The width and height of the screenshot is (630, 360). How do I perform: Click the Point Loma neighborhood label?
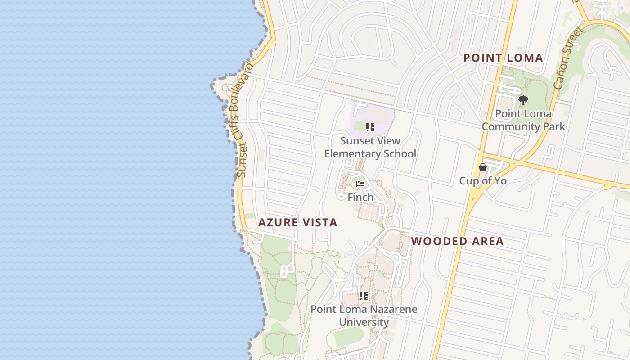(x=503, y=58)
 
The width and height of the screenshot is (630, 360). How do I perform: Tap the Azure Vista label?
(x=297, y=222)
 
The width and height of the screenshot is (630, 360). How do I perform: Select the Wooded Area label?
(x=457, y=241)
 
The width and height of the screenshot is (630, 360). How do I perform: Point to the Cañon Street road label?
(x=568, y=58)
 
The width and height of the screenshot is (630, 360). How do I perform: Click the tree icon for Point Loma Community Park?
(x=523, y=100)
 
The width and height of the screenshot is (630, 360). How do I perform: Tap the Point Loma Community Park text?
(x=523, y=120)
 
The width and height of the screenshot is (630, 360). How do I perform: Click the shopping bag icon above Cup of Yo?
(x=483, y=168)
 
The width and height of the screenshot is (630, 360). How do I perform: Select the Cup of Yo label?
(x=483, y=181)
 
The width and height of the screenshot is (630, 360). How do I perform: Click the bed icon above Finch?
(x=360, y=184)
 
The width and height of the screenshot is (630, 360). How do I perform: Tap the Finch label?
(x=360, y=197)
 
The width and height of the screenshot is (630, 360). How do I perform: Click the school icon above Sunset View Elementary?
(x=370, y=127)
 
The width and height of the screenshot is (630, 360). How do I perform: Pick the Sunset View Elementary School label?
(x=370, y=147)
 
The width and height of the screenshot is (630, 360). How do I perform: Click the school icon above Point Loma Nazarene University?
(x=364, y=296)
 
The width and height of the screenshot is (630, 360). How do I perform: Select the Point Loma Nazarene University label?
(x=364, y=316)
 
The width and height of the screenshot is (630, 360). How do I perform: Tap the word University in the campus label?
(x=364, y=322)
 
